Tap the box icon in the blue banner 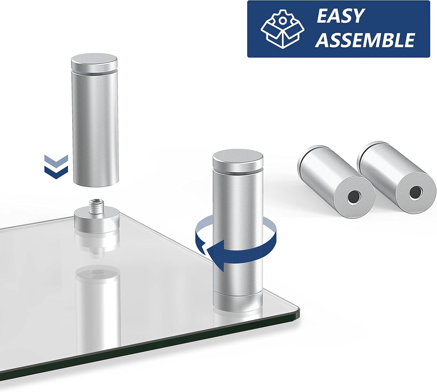(282, 29)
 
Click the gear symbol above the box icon (282, 20)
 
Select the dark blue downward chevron (56, 173)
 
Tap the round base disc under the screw (97, 223)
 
